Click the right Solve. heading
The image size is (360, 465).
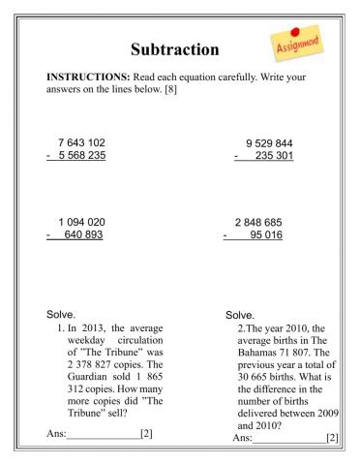(x=241, y=315)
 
